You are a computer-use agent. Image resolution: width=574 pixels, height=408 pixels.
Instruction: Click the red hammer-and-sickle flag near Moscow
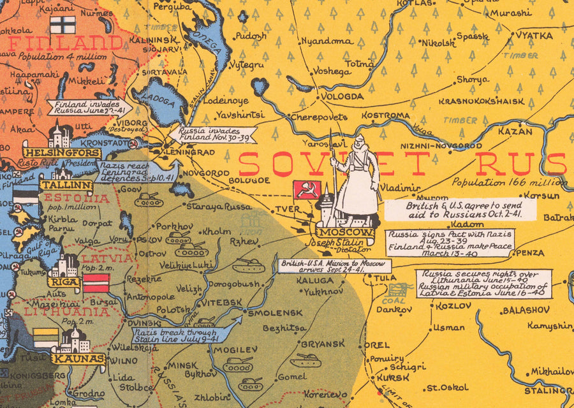pyautogui.click(x=306, y=190)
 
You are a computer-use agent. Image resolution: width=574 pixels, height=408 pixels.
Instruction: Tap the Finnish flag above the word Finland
pyautogui.click(x=63, y=25)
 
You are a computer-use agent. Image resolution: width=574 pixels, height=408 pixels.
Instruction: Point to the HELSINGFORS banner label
pyautogui.click(x=62, y=153)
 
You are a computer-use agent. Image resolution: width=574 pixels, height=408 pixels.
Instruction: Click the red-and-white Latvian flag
pyautogui.click(x=96, y=282)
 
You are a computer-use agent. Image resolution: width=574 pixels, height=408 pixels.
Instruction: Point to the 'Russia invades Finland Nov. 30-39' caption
pyautogui.click(x=212, y=135)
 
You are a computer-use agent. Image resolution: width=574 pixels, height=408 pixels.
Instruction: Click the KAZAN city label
pyautogui.click(x=515, y=131)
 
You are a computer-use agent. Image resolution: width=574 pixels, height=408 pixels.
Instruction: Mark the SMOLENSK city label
pyautogui.click(x=275, y=313)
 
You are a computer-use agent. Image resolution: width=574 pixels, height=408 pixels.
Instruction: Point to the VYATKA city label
pyautogui.click(x=534, y=36)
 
